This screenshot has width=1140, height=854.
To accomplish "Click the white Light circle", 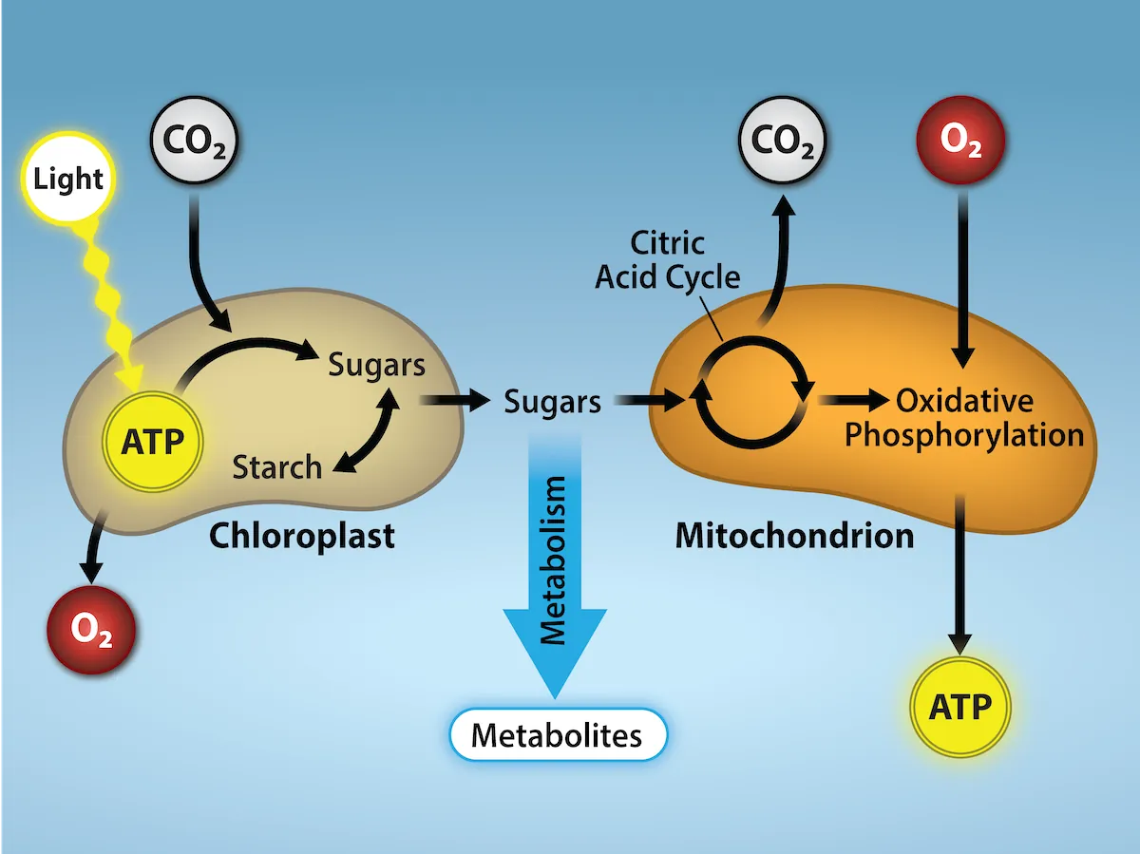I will [67, 178].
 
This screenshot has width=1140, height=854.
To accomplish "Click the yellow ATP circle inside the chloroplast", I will [152, 440].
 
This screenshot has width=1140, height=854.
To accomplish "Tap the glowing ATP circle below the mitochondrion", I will [959, 707].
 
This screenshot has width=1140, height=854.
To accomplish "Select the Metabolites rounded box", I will [557, 734].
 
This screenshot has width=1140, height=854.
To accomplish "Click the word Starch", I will [277, 467].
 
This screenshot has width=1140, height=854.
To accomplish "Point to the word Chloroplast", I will [301, 537].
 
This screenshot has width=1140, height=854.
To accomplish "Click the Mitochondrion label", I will [794, 537].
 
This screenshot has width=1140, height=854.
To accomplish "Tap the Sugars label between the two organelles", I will [552, 402].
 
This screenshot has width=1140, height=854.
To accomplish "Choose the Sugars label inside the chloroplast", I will [376, 364].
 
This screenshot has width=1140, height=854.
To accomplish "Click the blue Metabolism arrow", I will [554, 579].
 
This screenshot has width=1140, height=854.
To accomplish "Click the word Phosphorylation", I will [964, 435].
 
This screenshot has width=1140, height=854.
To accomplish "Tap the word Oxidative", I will [964, 400].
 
